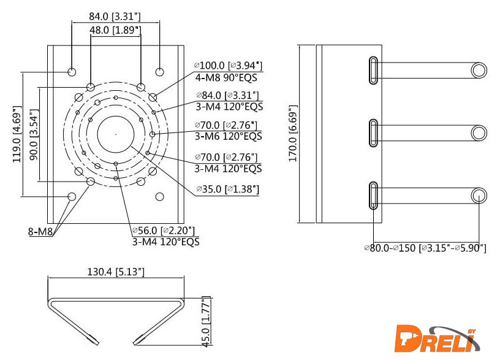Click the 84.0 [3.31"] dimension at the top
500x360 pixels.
[x=115, y=17]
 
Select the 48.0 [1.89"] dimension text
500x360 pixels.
[x=115, y=30]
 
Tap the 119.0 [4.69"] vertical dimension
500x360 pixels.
[x=17, y=134]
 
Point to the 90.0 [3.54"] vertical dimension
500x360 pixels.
[x=34, y=134]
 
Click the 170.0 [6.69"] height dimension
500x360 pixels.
[x=293, y=134]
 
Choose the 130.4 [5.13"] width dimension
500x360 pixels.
[x=116, y=272]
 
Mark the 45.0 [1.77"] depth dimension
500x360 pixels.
[x=206, y=322]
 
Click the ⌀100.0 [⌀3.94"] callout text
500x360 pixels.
[x=228, y=66]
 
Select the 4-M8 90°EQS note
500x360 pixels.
[x=226, y=77]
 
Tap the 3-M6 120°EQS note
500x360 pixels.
[x=229, y=136]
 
